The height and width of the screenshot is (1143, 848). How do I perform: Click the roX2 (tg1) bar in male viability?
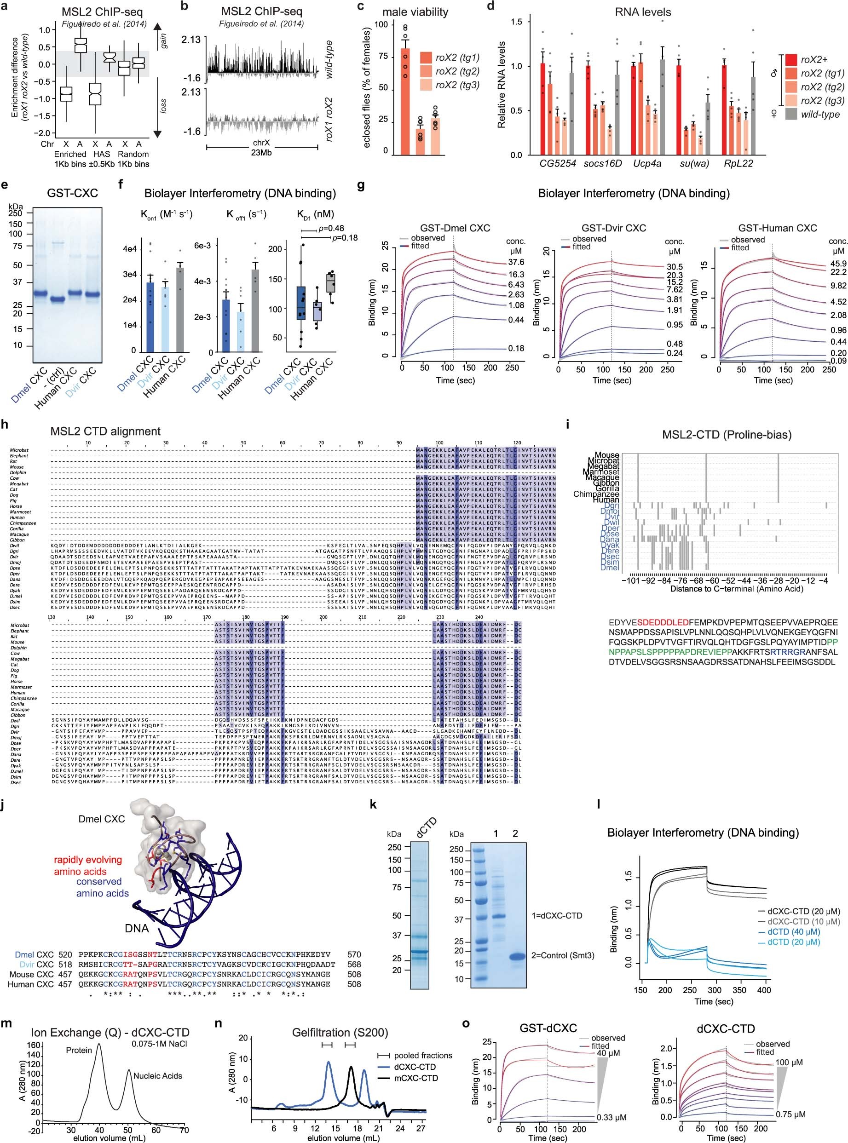(405, 103)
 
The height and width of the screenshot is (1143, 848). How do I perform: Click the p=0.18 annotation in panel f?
(345, 237)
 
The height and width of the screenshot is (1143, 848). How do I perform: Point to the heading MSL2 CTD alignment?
(105, 431)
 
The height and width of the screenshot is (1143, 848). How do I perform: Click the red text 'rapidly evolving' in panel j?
(88, 860)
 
